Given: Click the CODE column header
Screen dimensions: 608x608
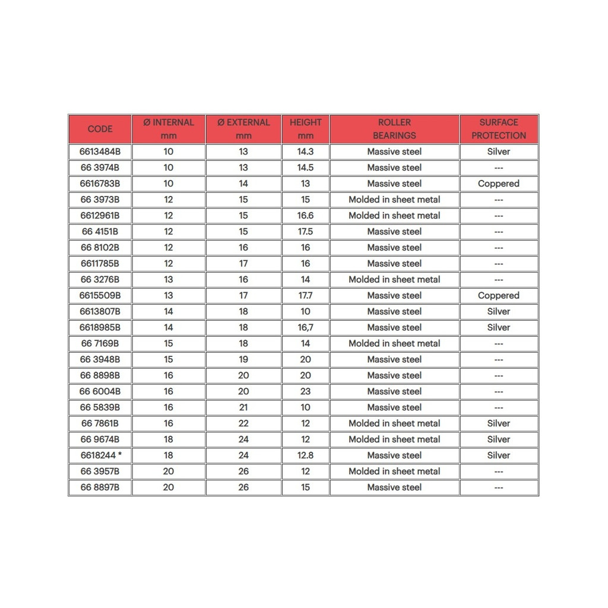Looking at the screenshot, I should click(100, 129).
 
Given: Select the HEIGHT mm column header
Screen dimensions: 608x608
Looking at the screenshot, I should click(305, 129).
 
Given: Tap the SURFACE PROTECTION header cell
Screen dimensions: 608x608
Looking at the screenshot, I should click(499, 129).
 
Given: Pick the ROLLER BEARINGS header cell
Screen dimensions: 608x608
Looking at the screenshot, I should click(394, 129).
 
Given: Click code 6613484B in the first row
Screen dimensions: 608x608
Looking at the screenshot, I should click(100, 151).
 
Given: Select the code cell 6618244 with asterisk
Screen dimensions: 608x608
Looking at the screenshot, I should click(100, 455).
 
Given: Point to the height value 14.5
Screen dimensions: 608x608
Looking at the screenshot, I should click(305, 167).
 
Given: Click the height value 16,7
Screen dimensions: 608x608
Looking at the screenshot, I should click(305, 327).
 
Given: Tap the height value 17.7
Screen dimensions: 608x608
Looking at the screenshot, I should click(305, 295).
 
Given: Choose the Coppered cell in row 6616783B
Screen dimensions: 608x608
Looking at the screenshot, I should click(499, 183).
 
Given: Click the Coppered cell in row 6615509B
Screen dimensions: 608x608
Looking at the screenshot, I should click(499, 295).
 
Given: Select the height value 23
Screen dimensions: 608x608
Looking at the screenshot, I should click(305, 391).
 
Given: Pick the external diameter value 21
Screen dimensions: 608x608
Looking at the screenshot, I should click(243, 407).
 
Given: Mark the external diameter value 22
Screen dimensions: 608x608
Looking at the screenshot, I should click(243, 423).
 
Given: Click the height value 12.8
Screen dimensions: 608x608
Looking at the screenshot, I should click(305, 455).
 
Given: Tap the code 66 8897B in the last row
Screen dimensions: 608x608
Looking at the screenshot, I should click(100, 487).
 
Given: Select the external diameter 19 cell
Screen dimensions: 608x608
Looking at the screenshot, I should click(243, 359).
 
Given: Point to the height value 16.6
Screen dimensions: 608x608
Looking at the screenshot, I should click(305, 216).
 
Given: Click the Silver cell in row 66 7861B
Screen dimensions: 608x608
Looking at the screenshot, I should click(499, 423).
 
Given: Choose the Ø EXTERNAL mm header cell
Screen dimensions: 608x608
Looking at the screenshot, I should click(243, 129).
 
